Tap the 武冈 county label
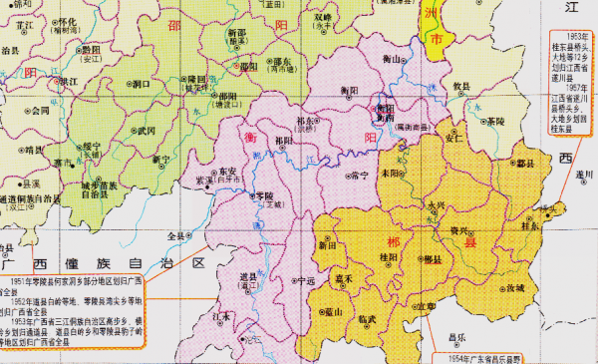[x=146, y=130]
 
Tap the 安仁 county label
[x=451, y=140]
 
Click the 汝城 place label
[x=514, y=287]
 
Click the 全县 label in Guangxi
[x=176, y=236]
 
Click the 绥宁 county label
[x=93, y=145]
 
